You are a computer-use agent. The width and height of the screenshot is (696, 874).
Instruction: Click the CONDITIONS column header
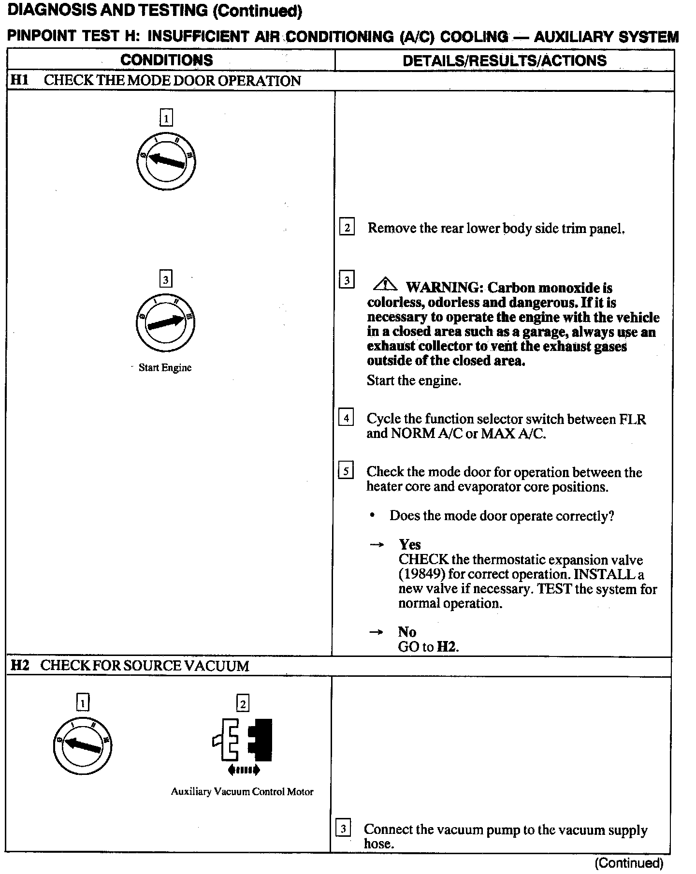point(167,60)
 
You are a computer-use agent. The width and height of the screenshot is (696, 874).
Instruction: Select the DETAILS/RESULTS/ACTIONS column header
point(504,60)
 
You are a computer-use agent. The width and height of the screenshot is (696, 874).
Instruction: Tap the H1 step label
point(20,80)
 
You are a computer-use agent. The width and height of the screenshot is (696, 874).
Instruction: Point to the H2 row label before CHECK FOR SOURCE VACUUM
point(20,665)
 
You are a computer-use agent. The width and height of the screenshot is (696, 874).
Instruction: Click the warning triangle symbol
point(385,284)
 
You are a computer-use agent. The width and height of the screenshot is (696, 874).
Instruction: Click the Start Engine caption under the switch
point(165,367)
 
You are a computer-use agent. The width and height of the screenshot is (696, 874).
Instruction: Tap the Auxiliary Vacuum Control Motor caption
point(242,792)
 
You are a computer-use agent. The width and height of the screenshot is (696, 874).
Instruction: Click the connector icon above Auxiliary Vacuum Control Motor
point(243,739)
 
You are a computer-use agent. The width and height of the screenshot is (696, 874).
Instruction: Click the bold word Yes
point(409,545)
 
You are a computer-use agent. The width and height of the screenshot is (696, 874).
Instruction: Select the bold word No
point(407,632)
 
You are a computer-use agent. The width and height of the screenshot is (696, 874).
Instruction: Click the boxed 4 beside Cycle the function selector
point(346,417)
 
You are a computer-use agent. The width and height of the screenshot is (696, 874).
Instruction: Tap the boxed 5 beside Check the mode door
point(346,470)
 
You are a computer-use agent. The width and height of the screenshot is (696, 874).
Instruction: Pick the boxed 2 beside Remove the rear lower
point(347,227)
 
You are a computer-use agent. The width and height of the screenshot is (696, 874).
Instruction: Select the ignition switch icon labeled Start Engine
point(166,322)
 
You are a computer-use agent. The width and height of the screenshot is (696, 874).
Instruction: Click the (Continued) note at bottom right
point(629,863)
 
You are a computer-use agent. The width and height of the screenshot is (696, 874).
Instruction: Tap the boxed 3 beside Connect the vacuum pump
point(343,829)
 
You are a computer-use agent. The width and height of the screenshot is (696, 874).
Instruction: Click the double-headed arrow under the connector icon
point(243,770)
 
